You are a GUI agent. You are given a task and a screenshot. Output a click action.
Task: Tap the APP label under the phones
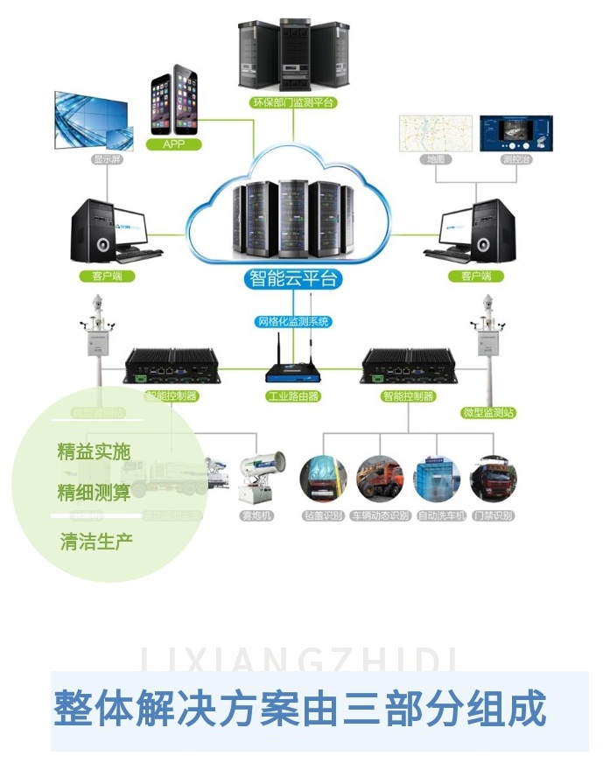point(174,143)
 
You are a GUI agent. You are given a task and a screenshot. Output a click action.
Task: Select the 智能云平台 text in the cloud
point(292,280)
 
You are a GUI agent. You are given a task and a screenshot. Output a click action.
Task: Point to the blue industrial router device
point(292,372)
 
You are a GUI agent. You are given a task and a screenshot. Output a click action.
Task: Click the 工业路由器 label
point(292,396)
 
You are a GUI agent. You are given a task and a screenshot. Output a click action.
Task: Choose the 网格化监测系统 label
point(292,321)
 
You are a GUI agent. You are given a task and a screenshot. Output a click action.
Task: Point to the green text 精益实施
point(94,451)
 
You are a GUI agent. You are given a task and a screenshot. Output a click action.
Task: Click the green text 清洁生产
point(96,542)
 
